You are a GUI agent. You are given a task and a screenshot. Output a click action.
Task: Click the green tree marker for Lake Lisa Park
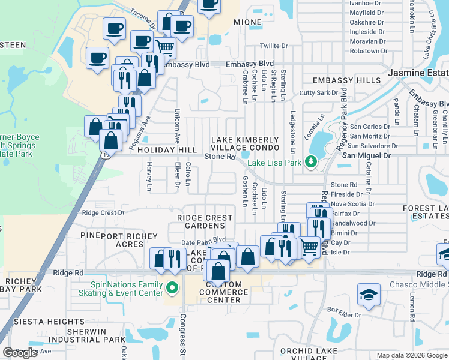coord(310,161)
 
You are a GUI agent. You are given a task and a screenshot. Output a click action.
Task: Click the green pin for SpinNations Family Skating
coord(173,288)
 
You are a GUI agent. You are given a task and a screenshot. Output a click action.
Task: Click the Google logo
coord(20,353)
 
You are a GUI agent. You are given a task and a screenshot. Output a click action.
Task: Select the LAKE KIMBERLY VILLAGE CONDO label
coord(245,143)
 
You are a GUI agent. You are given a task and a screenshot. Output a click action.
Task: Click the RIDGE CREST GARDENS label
coord(200,221)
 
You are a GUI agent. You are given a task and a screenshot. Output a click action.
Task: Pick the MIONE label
coord(247,22)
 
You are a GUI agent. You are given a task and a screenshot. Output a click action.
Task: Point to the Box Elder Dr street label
coord(344,312)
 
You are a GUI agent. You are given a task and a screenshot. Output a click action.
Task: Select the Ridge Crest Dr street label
coord(103,212)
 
